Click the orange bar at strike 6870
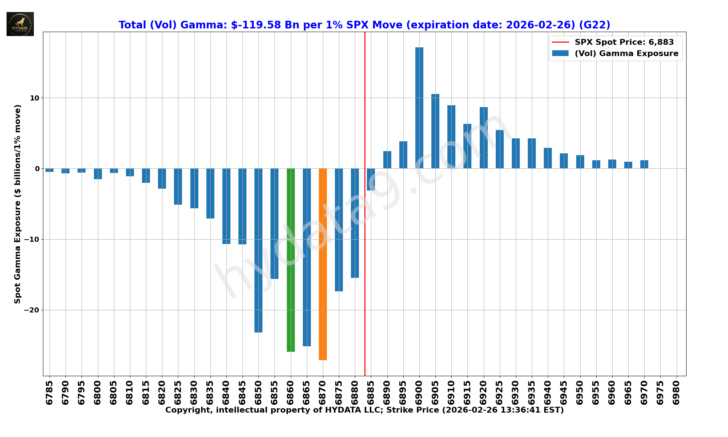(323, 264)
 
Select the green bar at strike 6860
(291, 260)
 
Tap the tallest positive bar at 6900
(419, 108)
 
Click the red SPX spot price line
(365, 109)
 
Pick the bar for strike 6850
(258, 250)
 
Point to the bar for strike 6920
(484, 138)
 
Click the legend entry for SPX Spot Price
(624, 42)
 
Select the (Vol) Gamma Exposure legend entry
(626, 54)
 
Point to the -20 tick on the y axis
(32, 310)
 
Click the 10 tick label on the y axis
(35, 98)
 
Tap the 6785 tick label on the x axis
(50, 393)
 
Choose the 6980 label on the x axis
(676, 393)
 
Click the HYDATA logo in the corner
(20, 24)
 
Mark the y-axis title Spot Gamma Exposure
(17, 204)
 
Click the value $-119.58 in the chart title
(256, 25)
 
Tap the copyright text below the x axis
(364, 410)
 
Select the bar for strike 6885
(371, 179)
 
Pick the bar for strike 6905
(435, 131)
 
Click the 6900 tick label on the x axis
(419, 393)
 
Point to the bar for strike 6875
(339, 229)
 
